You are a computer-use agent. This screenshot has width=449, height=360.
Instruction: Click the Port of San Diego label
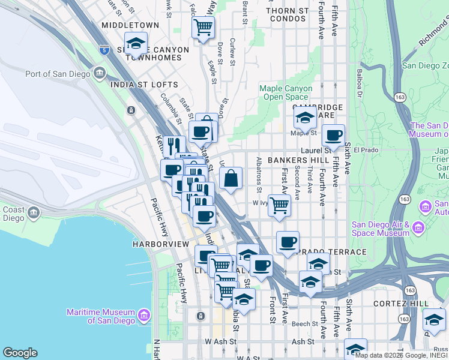point(58,74)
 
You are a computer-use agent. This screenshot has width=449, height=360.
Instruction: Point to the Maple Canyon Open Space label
point(286,92)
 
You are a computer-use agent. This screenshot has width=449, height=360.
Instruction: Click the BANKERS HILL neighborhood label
point(298,161)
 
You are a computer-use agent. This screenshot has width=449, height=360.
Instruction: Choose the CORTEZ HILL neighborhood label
point(400,304)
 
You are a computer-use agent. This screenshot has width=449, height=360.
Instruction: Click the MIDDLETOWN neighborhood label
point(130,25)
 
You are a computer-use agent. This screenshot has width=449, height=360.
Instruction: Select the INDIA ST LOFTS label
point(144,85)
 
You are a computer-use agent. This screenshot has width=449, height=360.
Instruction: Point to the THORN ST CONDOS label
point(288,14)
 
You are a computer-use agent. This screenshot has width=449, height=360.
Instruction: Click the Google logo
point(20,353)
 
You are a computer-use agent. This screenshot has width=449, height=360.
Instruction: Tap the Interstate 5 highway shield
point(104,49)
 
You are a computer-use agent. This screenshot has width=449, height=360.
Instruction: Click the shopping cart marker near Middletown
point(203,27)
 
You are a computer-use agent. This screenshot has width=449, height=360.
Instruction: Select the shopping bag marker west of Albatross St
point(231,178)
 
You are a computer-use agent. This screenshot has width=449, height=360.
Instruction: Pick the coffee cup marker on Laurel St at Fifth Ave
point(333,135)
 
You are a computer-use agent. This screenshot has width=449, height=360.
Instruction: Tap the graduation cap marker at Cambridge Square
point(305,117)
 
